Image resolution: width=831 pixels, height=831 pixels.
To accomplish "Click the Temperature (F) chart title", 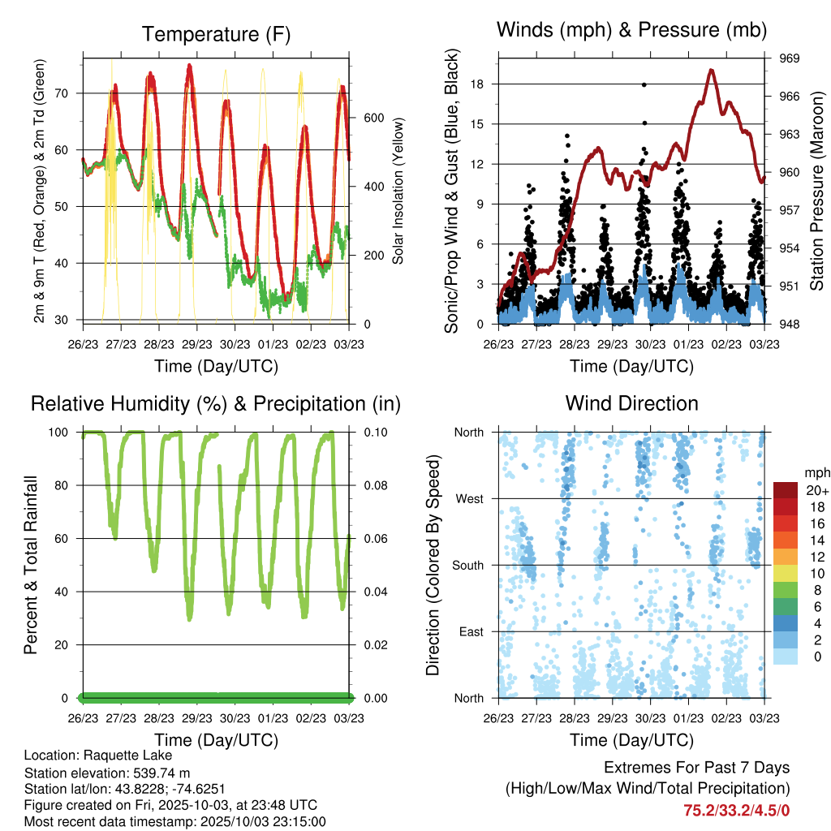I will [216, 34].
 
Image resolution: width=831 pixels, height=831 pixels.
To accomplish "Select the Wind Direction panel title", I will [631, 403].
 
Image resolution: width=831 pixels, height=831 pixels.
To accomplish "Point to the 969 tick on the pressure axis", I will [790, 58].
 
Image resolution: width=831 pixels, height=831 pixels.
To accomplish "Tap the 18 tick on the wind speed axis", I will [477, 84].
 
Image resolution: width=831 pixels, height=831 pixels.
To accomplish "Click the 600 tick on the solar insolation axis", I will [372, 117].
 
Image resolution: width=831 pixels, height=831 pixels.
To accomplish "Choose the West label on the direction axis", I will [469, 498].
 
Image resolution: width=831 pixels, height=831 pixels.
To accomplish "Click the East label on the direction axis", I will [471, 631].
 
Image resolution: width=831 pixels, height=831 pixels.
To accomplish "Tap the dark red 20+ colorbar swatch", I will [785, 490].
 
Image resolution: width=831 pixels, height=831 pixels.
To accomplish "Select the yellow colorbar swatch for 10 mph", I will [785, 574].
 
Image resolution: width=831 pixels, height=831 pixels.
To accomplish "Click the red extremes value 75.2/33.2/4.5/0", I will [737, 810].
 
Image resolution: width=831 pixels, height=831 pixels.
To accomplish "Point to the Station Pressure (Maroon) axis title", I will [817, 190].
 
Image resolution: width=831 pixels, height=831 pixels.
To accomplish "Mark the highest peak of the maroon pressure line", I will [712, 71].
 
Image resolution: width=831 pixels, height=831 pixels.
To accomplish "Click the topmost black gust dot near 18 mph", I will [644, 84].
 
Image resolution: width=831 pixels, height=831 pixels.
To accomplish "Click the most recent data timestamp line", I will [174, 821].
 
